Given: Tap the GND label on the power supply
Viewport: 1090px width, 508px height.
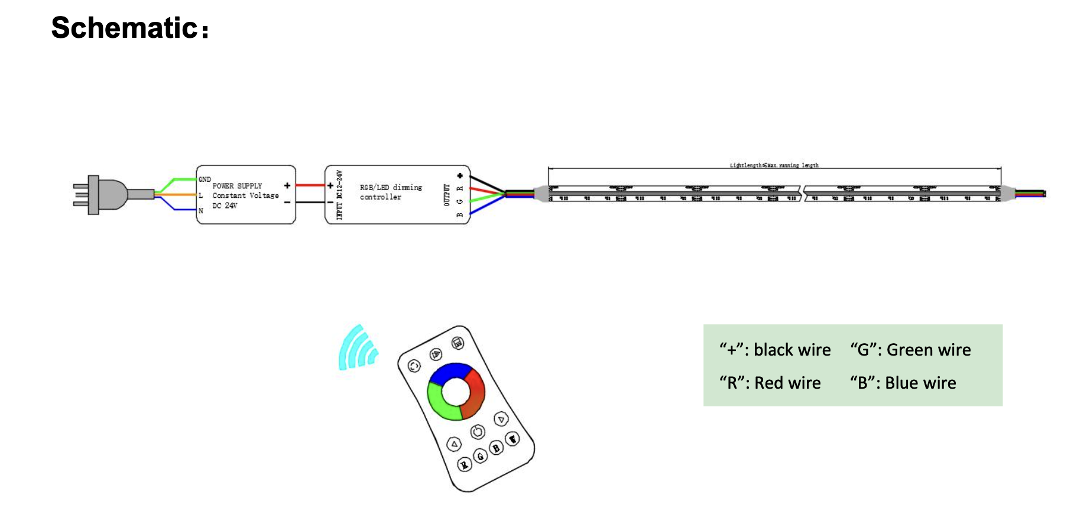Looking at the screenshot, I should (x=205, y=179).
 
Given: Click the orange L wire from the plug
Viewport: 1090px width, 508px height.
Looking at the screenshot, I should (x=177, y=194).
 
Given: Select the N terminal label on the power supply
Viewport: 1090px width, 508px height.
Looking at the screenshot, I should (x=201, y=210).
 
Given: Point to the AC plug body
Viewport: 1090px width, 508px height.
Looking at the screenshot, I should (x=109, y=194).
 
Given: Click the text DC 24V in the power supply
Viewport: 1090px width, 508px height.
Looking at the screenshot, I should (x=225, y=206).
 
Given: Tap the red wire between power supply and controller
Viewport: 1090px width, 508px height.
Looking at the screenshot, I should (x=310, y=185).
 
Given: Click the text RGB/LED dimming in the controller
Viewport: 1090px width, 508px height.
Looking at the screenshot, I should (x=391, y=187).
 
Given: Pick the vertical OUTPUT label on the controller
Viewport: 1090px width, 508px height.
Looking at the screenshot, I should (x=447, y=195).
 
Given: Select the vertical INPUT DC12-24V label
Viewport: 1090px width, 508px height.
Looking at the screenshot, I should (x=339, y=195).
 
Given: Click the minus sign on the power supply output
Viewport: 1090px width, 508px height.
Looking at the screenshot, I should (x=287, y=203).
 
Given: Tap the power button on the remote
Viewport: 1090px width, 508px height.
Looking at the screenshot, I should (x=478, y=432).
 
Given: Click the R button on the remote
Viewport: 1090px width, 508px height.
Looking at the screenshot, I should (x=465, y=465).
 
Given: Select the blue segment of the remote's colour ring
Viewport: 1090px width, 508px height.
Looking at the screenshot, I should (x=450, y=372).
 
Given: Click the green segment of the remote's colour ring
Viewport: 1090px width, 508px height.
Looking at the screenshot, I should (x=438, y=402).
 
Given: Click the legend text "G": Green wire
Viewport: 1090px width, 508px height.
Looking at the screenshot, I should (x=910, y=350).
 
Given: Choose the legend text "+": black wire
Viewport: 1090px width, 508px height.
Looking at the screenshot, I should (x=775, y=350).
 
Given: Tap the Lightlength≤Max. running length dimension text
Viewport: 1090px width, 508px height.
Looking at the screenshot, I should (x=774, y=165).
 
